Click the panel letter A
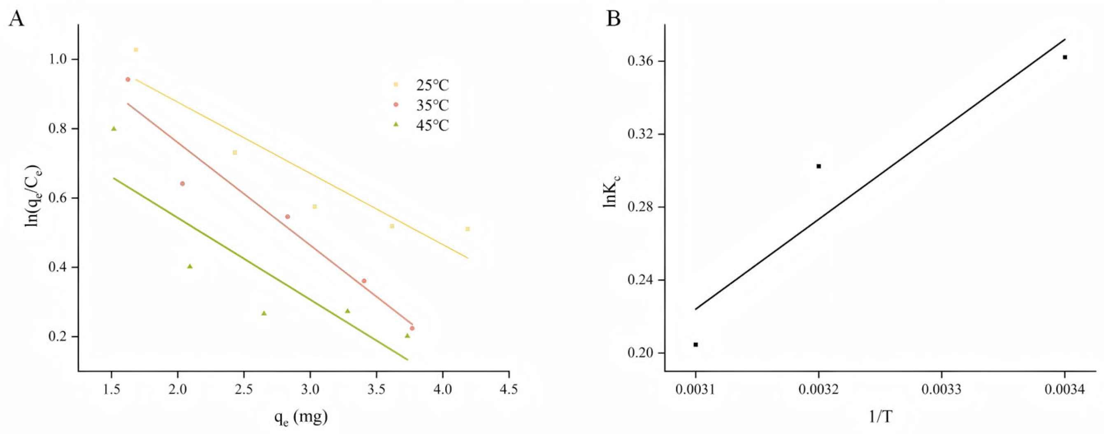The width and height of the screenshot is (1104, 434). (x=17, y=19)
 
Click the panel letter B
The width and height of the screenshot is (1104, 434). (x=614, y=19)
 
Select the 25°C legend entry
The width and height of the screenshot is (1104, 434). (x=432, y=85)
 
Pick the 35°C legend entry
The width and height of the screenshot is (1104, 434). (x=432, y=105)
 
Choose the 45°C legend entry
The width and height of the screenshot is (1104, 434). (x=432, y=125)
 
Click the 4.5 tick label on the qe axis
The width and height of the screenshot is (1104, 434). (x=509, y=390)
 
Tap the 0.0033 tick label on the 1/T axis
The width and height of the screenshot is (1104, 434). (x=941, y=390)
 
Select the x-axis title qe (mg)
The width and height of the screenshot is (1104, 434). (x=301, y=416)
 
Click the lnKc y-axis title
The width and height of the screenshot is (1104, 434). (x=610, y=189)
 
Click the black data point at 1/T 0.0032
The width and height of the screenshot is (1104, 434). (x=818, y=166)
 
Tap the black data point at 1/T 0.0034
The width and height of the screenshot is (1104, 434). (x=1065, y=57)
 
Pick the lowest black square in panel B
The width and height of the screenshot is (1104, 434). (x=695, y=344)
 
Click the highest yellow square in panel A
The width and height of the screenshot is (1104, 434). (x=136, y=50)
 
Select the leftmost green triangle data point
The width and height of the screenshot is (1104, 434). (x=114, y=128)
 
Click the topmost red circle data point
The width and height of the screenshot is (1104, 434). (x=128, y=79)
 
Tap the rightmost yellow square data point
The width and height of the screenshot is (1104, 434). (x=467, y=229)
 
